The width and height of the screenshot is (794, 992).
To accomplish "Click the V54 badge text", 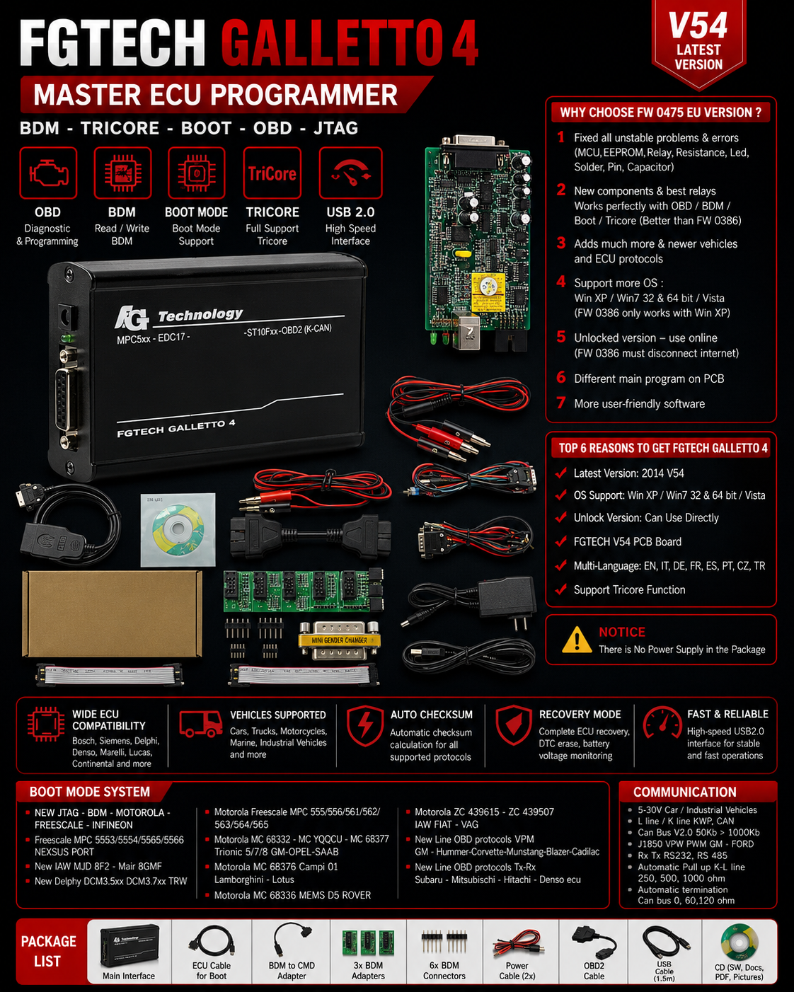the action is coord(698,25).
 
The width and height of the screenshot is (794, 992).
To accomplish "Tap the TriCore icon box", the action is coord(272,173).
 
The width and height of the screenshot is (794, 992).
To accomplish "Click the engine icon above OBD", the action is coord(48,173).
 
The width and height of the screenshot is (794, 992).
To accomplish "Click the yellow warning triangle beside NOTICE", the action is coord(577,640).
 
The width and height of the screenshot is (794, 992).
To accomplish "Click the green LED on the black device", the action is coord(67,338).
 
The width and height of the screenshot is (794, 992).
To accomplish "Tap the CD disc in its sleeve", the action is coord(178,529).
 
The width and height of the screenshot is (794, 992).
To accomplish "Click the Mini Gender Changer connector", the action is coord(340,640).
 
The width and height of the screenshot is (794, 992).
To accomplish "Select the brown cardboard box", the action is coord(112,613).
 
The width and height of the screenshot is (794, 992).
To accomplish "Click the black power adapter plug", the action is coord(507,599).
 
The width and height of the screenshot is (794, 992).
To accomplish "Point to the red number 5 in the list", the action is coord(561,337).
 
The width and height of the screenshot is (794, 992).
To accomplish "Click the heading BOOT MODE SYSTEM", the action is coord(89,792).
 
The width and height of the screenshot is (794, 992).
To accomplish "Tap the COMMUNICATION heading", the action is coord(685,792).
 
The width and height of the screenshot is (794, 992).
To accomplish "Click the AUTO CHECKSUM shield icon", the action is coord(365,725).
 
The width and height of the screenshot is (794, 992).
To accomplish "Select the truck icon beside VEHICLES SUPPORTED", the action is coord(200,723).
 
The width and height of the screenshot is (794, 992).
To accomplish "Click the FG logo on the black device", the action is coord(132,318).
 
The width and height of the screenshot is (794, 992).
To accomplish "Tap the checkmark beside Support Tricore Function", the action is coord(561,589).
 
